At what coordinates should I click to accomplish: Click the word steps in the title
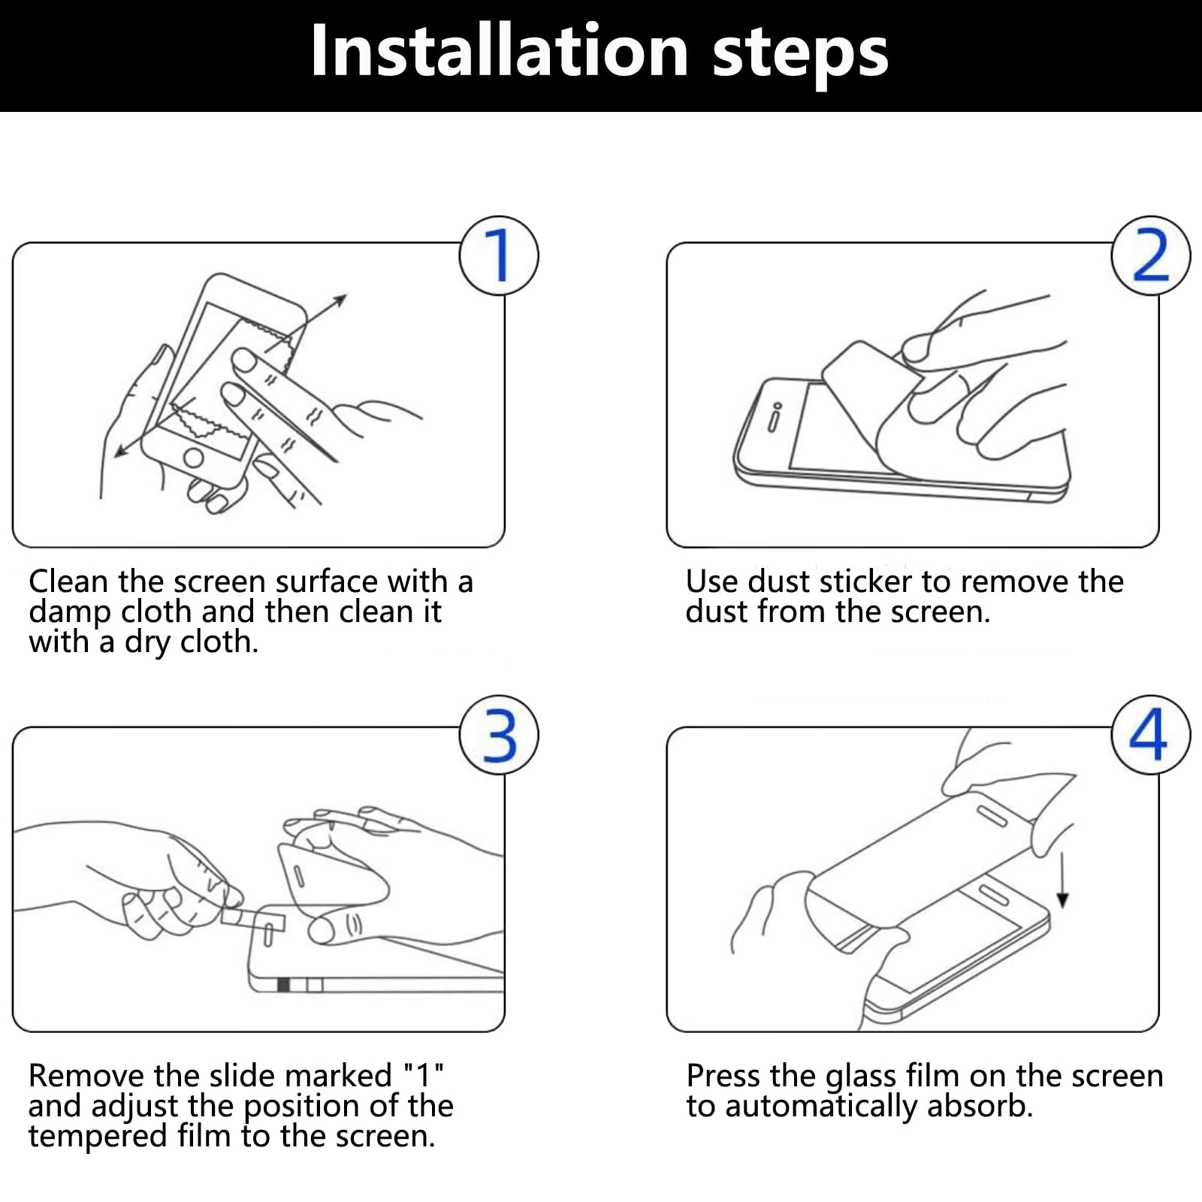(x=800, y=56)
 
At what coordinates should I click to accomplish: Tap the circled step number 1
(x=499, y=255)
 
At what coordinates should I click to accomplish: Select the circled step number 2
(x=1151, y=255)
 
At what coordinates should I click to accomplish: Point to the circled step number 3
(x=499, y=735)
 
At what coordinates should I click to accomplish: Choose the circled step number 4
(x=1151, y=735)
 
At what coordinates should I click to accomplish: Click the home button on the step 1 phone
(x=194, y=457)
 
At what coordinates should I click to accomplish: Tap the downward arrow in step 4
(x=1062, y=876)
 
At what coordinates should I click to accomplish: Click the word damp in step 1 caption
(x=69, y=613)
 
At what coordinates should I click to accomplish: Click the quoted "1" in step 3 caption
(x=424, y=1076)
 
